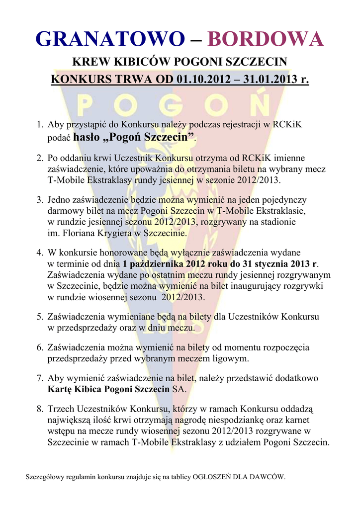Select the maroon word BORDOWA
pos(265,39)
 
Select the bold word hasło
pos(87,137)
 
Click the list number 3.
pos(39,200)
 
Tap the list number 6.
pos(39,347)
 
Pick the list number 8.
pos(39,409)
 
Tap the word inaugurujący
pos(255,286)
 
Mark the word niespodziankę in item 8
pos(238,420)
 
